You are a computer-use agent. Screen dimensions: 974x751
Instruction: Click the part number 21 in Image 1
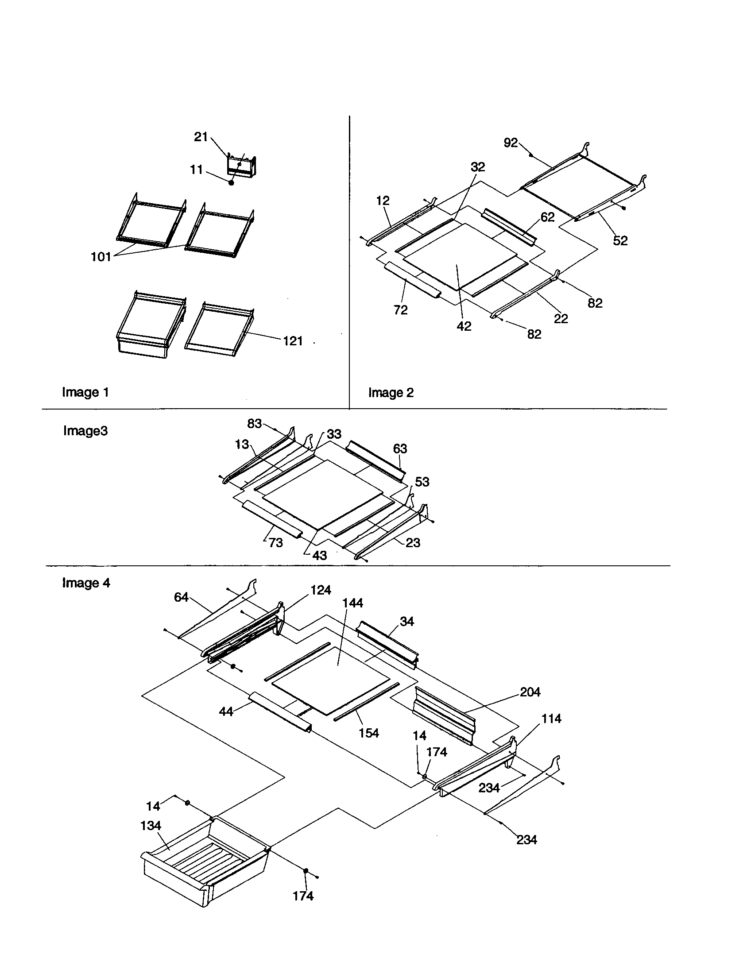[x=200, y=137]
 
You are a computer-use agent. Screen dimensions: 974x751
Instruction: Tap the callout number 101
[x=101, y=257]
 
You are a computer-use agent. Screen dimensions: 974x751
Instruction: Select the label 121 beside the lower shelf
[x=293, y=341]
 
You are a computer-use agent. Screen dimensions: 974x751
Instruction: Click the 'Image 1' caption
[x=85, y=392]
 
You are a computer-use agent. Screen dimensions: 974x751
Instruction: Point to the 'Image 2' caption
[x=391, y=393]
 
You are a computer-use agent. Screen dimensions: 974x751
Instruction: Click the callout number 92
[x=511, y=143]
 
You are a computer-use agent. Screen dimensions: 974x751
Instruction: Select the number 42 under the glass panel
[x=464, y=326]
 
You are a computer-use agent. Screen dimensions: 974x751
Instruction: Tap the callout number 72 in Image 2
[x=400, y=310]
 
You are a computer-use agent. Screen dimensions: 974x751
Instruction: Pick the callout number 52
[x=620, y=241]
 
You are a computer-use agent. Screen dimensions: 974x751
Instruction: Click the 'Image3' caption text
[x=85, y=431]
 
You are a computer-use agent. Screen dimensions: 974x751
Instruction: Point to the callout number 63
[x=400, y=448]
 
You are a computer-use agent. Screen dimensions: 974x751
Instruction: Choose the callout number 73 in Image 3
[x=275, y=543]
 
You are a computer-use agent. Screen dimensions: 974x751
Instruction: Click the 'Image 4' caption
[x=86, y=583]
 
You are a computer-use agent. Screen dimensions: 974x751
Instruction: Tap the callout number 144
[x=352, y=603]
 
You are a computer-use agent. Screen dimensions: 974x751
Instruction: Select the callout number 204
[x=530, y=692]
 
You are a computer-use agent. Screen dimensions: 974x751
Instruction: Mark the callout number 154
[x=369, y=733]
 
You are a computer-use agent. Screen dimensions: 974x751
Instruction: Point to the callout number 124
[x=321, y=590]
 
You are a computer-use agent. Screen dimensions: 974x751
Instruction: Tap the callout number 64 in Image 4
[x=181, y=597]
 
